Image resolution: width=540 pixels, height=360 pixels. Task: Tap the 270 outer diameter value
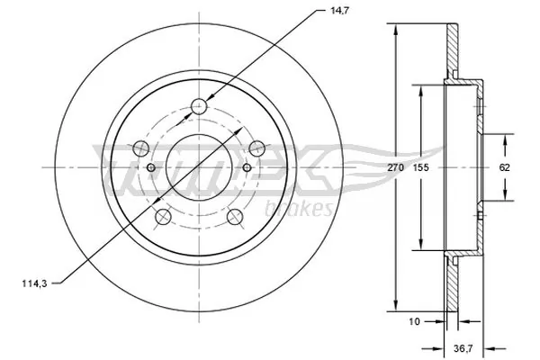pos(394,167)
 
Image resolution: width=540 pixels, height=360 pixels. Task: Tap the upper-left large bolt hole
pos(140,148)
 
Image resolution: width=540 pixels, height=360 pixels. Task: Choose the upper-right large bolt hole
pos(256,148)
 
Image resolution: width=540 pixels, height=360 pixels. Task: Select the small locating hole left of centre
pos(151,167)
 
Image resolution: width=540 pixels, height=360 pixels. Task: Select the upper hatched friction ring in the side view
pos(453,49)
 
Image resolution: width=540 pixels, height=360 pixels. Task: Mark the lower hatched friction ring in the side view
pos(453,283)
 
